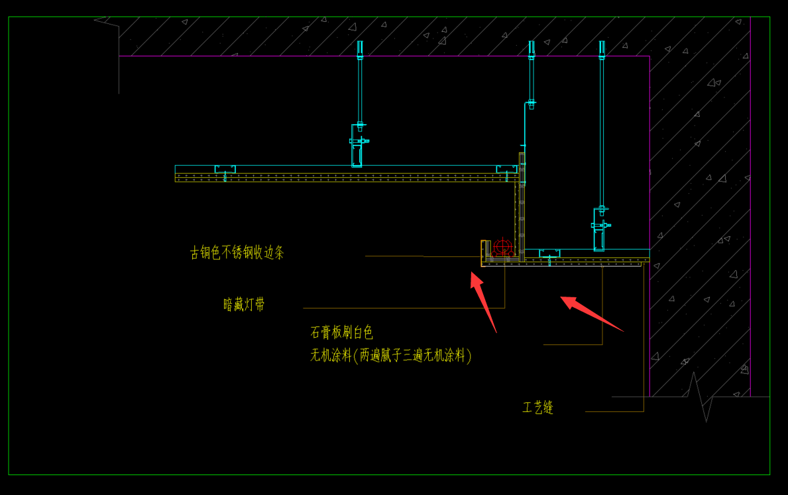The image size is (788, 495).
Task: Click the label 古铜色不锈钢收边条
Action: pyautogui.click(x=237, y=252)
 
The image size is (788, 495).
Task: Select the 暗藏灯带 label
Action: pyautogui.click(x=244, y=305)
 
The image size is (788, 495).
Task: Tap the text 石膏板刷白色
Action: pyautogui.click(x=341, y=332)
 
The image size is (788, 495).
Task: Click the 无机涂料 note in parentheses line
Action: pyautogui.click(x=391, y=356)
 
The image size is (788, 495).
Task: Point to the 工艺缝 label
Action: pyautogui.click(x=537, y=407)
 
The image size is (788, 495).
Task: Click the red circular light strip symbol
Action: pyautogui.click(x=502, y=247)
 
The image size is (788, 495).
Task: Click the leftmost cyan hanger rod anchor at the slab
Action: pyautogui.click(x=360, y=50)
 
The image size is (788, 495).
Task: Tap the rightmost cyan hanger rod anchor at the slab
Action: pyautogui.click(x=602, y=50)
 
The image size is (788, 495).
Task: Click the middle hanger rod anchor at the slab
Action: pyautogui.click(x=532, y=50)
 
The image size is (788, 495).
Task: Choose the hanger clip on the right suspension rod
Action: pyautogui.click(x=600, y=230)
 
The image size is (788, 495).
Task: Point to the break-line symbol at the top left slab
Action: pyautogui.click(x=107, y=21)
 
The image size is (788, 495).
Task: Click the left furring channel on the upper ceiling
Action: pyautogui.click(x=225, y=169)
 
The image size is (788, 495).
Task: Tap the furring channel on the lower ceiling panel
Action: pyautogui.click(x=549, y=253)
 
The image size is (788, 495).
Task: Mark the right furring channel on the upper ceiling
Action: pyautogui.click(x=506, y=169)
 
